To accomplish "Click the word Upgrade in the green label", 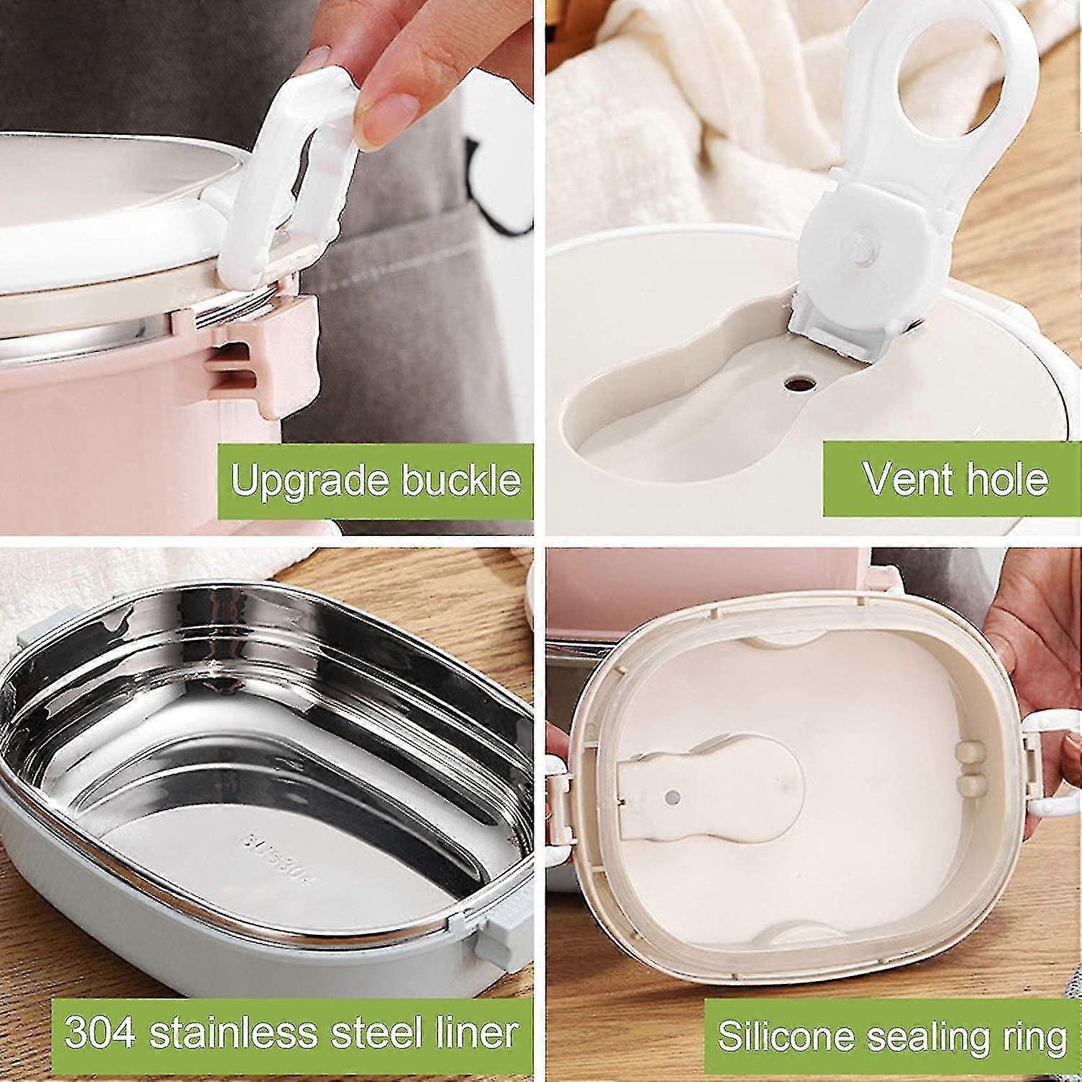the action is [x=309, y=480].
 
